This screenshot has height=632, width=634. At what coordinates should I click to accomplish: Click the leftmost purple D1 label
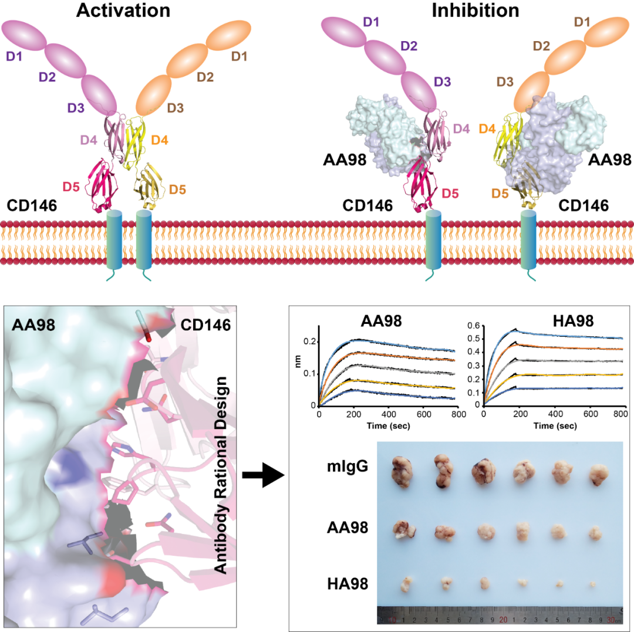(x=14, y=57)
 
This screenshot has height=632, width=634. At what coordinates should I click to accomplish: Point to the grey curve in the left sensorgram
(x=387, y=370)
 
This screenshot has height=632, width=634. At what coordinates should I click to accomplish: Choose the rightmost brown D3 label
(x=505, y=82)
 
